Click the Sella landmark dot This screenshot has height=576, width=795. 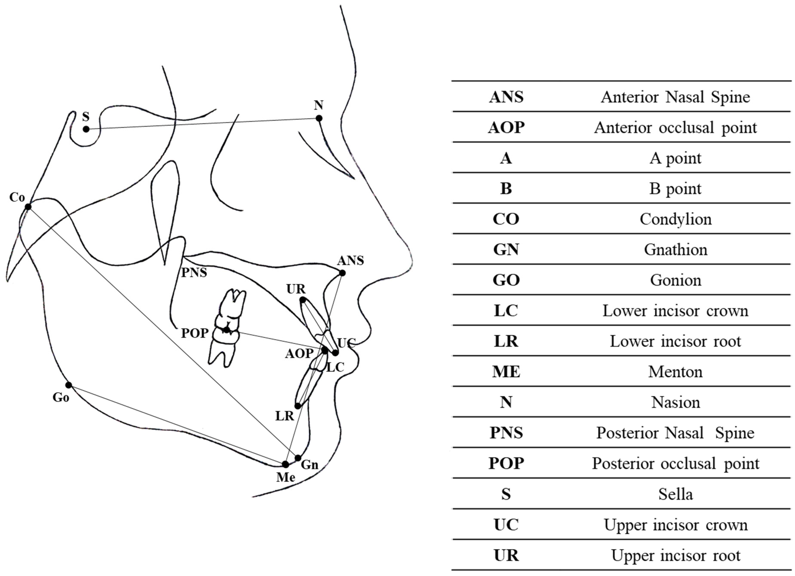(x=86, y=129)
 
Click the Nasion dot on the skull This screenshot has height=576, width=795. (x=319, y=118)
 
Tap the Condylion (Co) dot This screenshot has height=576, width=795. (x=28, y=207)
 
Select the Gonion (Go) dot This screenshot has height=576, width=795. (x=69, y=385)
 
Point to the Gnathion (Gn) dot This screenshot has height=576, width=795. (x=298, y=458)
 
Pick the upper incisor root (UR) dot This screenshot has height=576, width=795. (x=302, y=300)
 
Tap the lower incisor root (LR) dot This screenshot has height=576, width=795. (x=298, y=406)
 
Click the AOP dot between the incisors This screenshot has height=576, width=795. (x=325, y=350)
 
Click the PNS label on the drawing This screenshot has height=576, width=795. (x=194, y=272)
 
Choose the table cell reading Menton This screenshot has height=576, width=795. (x=675, y=372)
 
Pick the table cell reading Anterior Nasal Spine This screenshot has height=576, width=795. (x=675, y=97)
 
